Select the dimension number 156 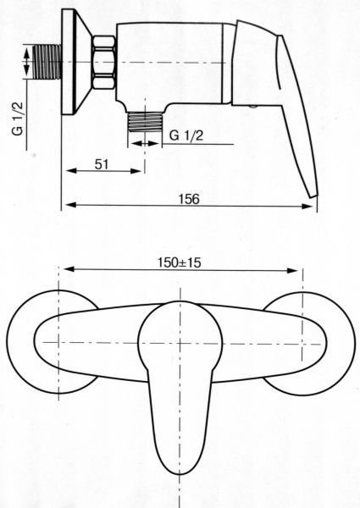click(x=190, y=199)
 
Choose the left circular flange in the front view click(x=34, y=343)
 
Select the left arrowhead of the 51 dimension click(x=68, y=170)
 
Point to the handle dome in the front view click(x=180, y=339)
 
